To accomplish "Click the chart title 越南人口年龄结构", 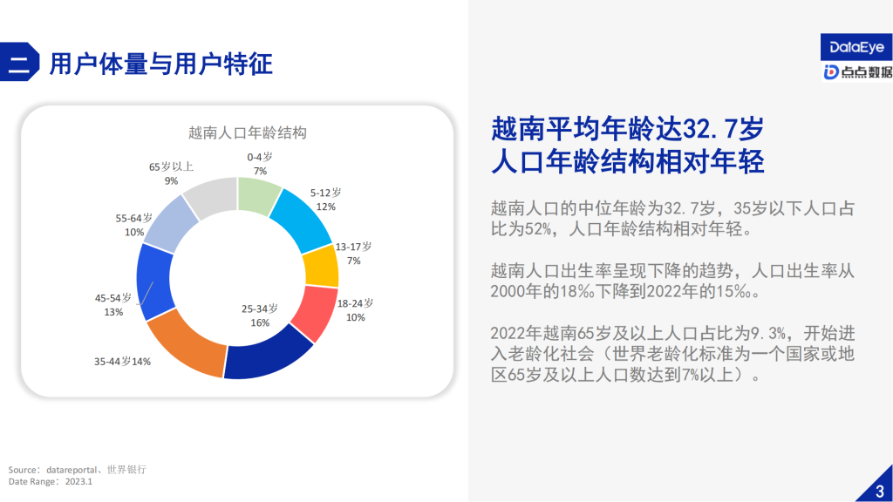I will point(248,133).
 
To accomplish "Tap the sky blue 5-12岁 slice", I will point(302,218).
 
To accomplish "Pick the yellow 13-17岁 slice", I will point(322,267).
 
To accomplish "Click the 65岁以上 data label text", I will point(171,166).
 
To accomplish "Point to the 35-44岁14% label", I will point(122,361).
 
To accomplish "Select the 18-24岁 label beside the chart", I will point(355,303).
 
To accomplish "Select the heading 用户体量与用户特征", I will point(160,64).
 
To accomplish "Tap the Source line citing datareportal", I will point(77,470).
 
